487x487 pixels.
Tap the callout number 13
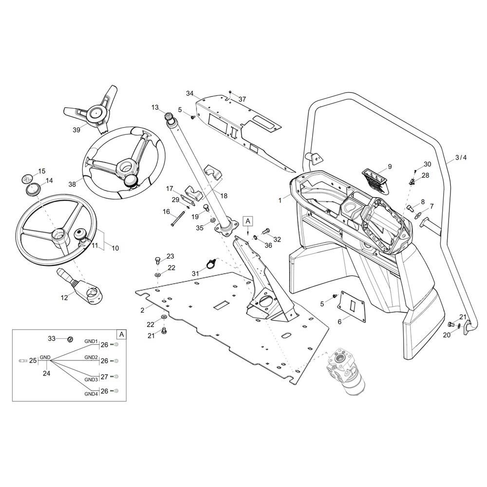155,107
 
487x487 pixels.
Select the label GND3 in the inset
91,379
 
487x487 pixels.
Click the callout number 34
189,94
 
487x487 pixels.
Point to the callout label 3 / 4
460,157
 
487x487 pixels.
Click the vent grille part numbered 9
375,178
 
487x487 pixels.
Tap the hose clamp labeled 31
210,264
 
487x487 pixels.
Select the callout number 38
72,184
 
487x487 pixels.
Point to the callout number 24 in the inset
46,374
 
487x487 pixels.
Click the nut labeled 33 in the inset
70,339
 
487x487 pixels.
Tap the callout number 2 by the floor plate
142,310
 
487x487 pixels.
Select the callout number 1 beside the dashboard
280,200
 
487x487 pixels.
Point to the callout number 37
242,99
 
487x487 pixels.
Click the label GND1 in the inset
91,341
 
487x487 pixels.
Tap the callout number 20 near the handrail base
447,335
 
